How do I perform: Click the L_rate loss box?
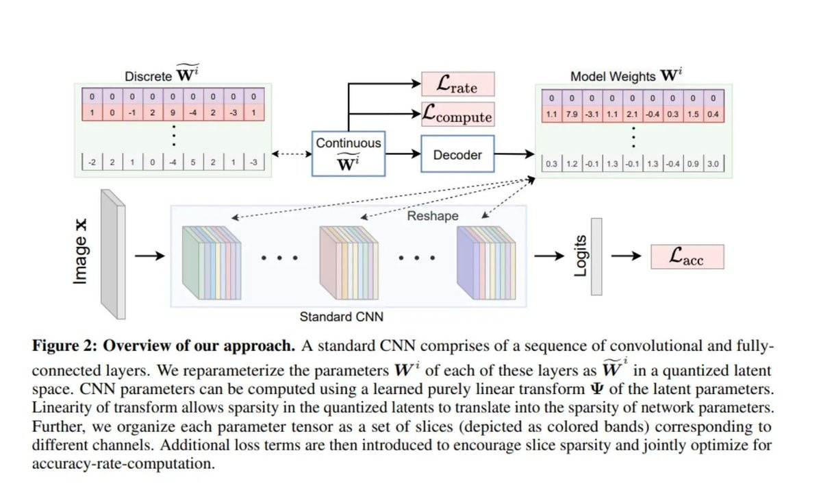click(457, 84)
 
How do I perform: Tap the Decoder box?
click(457, 155)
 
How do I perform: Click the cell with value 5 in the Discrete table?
click(194, 163)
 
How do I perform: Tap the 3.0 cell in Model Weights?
click(712, 165)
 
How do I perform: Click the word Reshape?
click(433, 215)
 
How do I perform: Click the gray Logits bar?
click(596, 256)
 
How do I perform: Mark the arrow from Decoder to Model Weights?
click(513, 156)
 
